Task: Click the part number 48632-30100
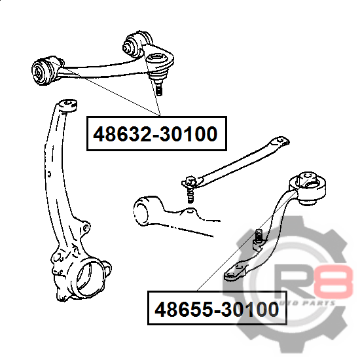(155, 134)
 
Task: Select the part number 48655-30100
(217, 309)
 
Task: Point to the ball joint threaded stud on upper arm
(158, 88)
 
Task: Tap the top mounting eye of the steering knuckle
(67, 105)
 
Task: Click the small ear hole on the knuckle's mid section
(85, 228)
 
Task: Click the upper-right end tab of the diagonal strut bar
(280, 141)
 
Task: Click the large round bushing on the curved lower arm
(308, 189)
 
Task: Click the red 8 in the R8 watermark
(336, 281)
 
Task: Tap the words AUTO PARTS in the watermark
(306, 303)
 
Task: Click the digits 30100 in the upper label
(189, 134)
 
